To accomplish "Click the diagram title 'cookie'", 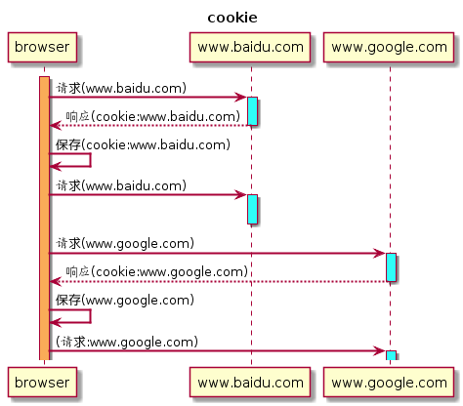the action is tap(232, 18).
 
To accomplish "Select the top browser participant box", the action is tap(42, 47).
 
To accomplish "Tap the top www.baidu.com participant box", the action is tap(250, 47).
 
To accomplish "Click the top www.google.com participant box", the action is tap(389, 47).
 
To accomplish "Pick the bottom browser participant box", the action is tap(42, 383).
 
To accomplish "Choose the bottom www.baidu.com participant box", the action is tap(250, 383).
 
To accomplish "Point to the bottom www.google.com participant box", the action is tap(389, 383).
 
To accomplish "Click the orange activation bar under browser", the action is tap(44, 219).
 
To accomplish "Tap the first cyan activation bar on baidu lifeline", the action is tap(252, 111).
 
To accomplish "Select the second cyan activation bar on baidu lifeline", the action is tap(252, 209).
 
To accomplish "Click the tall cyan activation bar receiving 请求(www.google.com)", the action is tap(391, 267).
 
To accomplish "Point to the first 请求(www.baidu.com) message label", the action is tap(121, 88).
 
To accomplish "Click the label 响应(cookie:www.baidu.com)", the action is tap(153, 116).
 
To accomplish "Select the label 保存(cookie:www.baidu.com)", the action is tap(143, 144).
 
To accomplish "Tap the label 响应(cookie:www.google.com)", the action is tap(157, 272).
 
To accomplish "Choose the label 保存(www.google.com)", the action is tap(125, 300).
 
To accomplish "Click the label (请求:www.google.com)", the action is tap(127, 342).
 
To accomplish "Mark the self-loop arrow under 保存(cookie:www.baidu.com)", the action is tap(91, 160).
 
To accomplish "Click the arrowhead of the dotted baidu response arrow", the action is tap(56, 125).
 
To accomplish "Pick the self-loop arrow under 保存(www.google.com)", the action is tap(91, 316).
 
